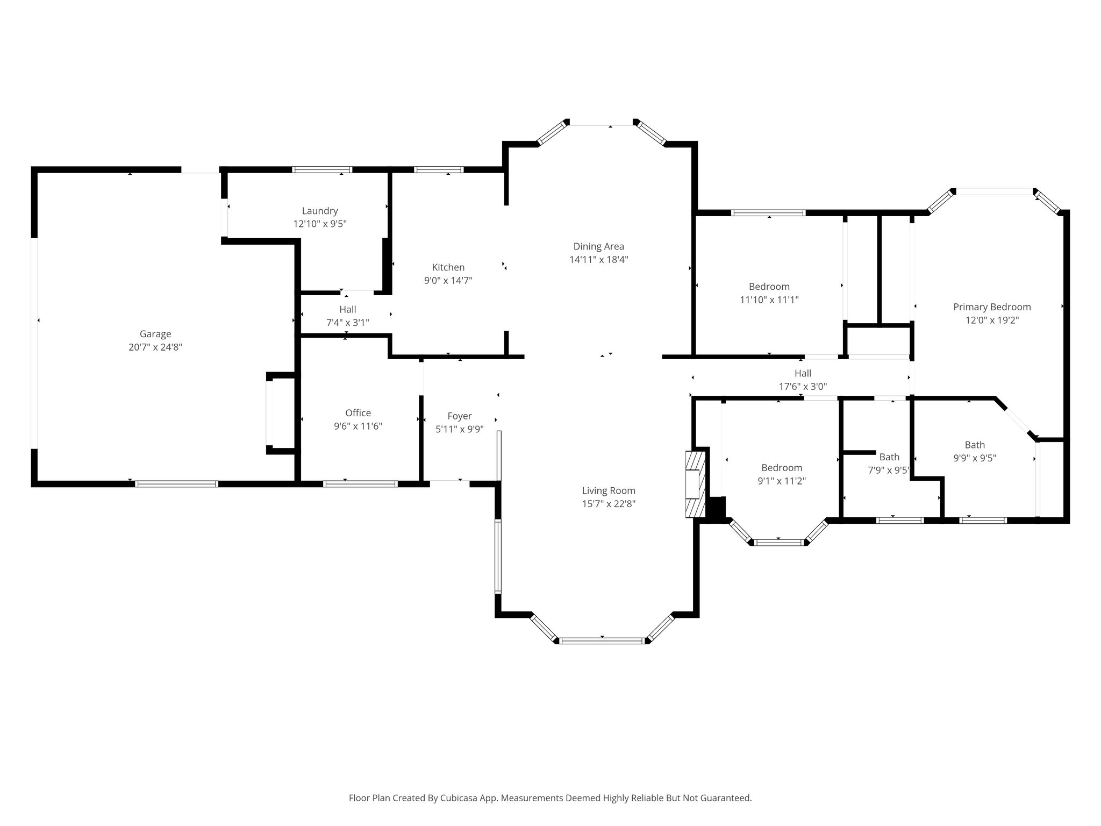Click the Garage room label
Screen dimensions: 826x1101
click(x=155, y=334)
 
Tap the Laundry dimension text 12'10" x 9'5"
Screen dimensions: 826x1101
click(x=320, y=224)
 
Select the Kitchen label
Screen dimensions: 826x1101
click(x=448, y=267)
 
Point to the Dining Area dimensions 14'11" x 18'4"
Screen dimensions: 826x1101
click(x=598, y=260)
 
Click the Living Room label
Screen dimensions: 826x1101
click(x=609, y=490)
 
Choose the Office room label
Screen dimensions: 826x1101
click(x=358, y=413)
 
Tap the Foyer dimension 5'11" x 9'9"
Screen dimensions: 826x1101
click(x=459, y=429)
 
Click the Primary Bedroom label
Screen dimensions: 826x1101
click(x=992, y=307)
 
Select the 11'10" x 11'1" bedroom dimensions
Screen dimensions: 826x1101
click(x=769, y=300)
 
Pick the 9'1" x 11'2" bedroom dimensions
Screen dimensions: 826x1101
click(x=781, y=481)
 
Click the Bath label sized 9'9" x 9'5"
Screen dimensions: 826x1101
click(x=975, y=445)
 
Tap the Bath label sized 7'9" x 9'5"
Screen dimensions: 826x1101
click(x=889, y=457)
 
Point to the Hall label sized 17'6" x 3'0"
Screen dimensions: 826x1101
click(x=803, y=373)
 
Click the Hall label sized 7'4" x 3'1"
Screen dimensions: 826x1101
click(x=348, y=310)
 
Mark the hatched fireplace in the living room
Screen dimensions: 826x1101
click(x=695, y=485)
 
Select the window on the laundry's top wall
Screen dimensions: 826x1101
click(x=322, y=170)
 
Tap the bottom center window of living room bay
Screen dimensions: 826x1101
click(x=602, y=640)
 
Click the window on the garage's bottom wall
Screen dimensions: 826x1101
click(x=176, y=484)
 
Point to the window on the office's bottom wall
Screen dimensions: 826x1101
click(x=360, y=484)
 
